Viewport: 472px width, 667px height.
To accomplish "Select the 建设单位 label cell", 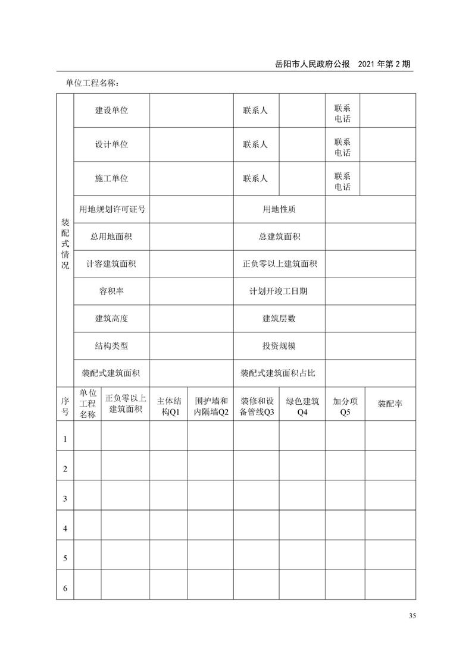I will point(111,110).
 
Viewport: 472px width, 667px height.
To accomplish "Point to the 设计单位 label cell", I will point(111,144).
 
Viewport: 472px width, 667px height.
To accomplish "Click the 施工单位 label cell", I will point(111,178).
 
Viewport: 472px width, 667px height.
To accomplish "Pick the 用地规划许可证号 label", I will point(112,209).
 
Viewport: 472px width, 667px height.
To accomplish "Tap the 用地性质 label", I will point(279,209).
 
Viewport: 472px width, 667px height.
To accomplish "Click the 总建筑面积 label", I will point(279,237).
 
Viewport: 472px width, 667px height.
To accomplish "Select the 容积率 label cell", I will point(111,291).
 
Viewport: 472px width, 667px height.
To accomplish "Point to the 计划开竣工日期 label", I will point(279,291).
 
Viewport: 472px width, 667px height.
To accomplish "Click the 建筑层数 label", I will point(279,319).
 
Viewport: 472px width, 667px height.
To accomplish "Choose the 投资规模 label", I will point(279,346).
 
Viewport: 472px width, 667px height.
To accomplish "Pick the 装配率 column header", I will point(390,404).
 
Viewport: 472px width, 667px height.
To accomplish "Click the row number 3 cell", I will point(65,499).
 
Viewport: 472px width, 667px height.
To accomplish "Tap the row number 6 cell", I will point(65,589).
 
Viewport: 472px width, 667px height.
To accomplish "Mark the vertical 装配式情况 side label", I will point(65,244).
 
